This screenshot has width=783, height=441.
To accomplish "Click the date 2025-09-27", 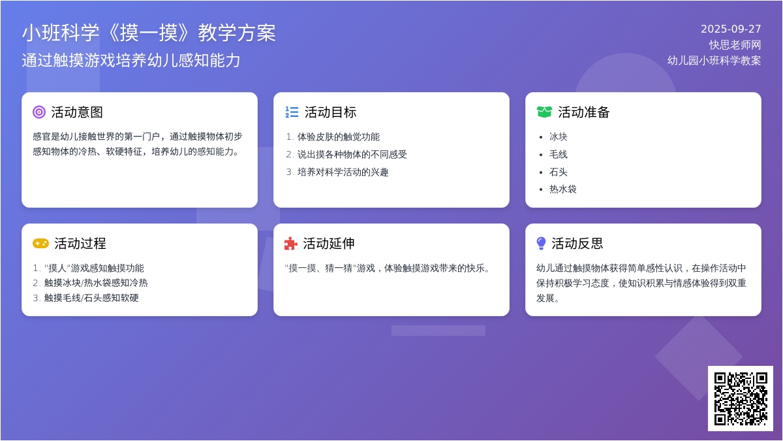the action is click(x=731, y=29).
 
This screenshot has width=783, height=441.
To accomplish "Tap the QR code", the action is click(x=741, y=399).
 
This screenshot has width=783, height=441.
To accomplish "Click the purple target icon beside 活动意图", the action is click(x=39, y=112).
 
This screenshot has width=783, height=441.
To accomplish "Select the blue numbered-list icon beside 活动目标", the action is click(x=292, y=112).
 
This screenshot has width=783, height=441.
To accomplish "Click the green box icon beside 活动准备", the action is click(x=544, y=112).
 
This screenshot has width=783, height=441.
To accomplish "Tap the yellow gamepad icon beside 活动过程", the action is click(x=40, y=244).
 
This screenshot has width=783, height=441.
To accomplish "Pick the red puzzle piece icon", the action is click(x=291, y=244).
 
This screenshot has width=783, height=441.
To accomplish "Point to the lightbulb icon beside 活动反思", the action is click(x=541, y=244).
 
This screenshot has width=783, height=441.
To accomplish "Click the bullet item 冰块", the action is click(x=559, y=137).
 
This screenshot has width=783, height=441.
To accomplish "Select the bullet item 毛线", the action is click(x=559, y=154).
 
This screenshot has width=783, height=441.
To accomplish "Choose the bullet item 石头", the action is click(x=559, y=172).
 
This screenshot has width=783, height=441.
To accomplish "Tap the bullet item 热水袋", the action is click(x=562, y=189).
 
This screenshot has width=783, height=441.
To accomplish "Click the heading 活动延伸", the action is click(x=329, y=244).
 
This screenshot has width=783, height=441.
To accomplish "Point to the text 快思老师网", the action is click(x=735, y=45).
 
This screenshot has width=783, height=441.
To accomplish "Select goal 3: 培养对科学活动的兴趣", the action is click(x=343, y=172).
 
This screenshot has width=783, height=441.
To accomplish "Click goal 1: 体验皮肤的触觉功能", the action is click(x=339, y=137).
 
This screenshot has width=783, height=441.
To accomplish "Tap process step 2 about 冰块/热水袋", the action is click(x=96, y=283).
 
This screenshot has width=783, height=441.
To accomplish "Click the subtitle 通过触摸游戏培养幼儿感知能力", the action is click(x=131, y=60).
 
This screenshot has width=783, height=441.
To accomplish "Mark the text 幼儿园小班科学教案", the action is click(x=714, y=60).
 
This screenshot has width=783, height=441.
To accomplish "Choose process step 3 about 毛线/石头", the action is click(x=91, y=298).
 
